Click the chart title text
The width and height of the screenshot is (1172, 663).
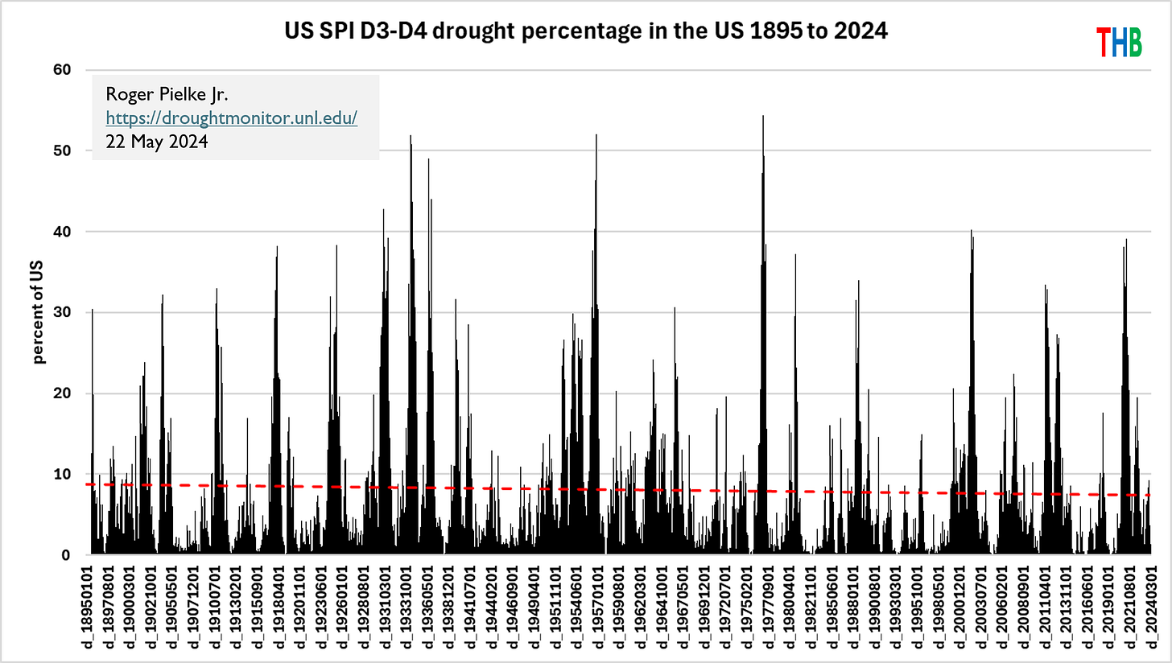(x=586, y=32)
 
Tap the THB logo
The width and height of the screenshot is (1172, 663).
(x=1119, y=42)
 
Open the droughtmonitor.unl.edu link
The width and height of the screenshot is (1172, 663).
(x=232, y=118)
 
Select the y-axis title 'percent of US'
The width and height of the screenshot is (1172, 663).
(x=39, y=313)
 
